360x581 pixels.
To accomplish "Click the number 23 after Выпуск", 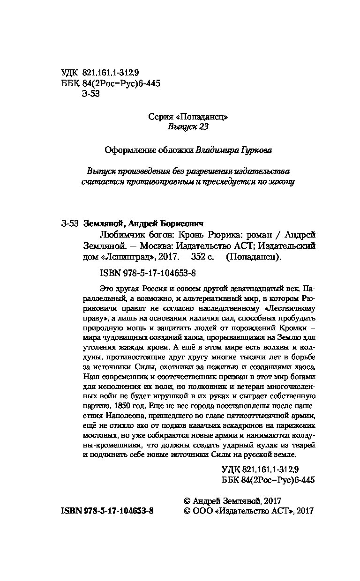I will pyautogui.click(x=202, y=127).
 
